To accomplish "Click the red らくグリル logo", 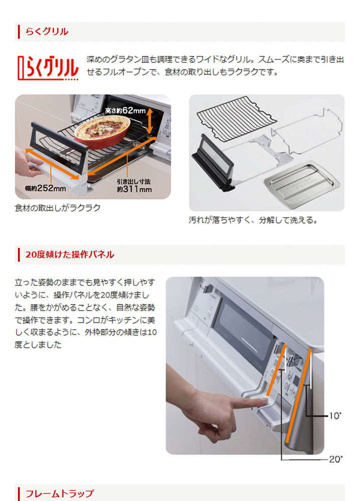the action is tap(48, 68).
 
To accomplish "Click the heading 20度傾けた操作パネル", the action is tap(70, 255).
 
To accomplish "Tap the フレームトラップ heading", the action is tap(60, 493).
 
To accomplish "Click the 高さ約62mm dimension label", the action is tap(125, 111).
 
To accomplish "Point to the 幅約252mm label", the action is tap(46, 188).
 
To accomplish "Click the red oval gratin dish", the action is tap(102, 131).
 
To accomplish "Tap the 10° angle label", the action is tap(335, 416).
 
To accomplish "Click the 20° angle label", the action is tap(336, 459).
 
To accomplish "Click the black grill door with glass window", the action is tap(213, 161).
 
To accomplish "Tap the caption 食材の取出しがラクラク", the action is tap(58, 208).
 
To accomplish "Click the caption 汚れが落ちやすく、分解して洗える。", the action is tap(253, 220).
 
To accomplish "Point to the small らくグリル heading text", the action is tap(47, 32).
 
